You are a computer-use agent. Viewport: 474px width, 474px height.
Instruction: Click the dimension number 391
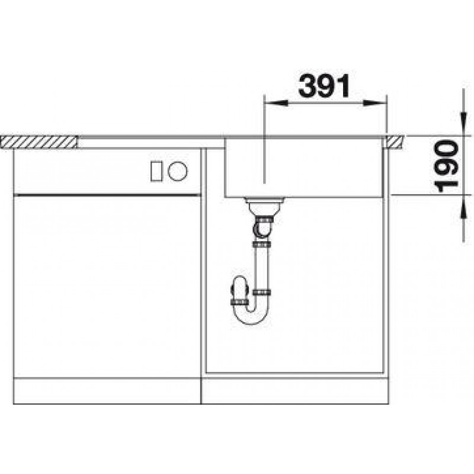coord(324,86)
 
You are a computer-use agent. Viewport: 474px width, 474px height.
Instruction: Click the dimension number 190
coord(446,166)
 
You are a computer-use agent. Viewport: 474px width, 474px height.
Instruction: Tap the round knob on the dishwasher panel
coord(178,171)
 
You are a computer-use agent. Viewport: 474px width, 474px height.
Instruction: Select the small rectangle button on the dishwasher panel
coord(156,171)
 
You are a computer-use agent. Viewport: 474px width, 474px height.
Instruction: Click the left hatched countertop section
coord(39,142)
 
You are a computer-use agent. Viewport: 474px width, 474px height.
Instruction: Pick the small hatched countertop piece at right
coord(393,142)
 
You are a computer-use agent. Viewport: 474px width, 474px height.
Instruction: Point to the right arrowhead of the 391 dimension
coord(375,103)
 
